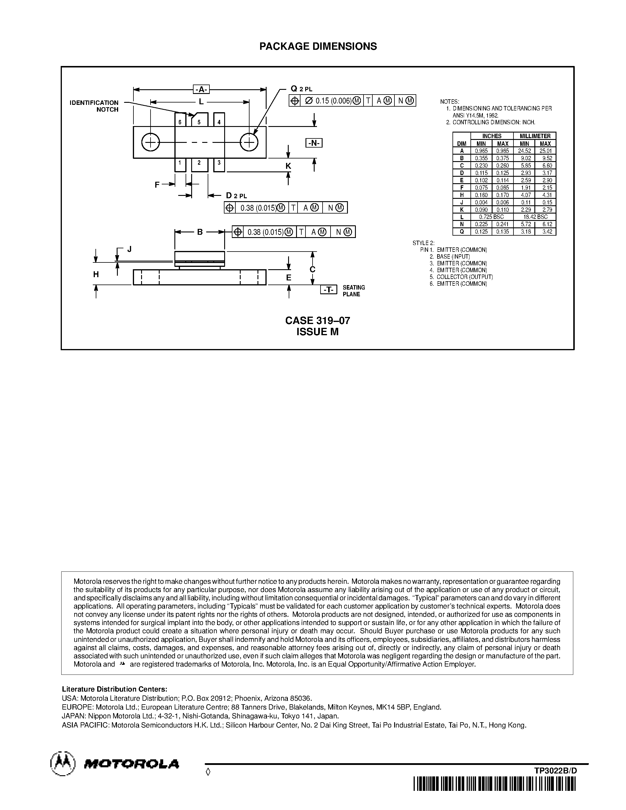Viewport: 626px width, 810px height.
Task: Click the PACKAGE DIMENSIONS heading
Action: click(x=318, y=46)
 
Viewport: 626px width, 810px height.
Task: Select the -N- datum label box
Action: click(x=314, y=143)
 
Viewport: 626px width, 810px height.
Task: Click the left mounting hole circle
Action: click(x=151, y=143)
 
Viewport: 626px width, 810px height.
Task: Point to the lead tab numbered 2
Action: click(x=199, y=164)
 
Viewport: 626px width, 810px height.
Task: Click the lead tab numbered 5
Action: click(x=199, y=120)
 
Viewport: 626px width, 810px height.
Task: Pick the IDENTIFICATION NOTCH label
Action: click(x=94, y=106)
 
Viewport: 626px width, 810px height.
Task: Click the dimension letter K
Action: click(x=288, y=166)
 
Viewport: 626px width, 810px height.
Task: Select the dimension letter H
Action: click(x=96, y=275)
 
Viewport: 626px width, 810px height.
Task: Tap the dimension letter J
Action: click(x=129, y=249)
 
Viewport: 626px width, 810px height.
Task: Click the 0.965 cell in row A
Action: click(x=481, y=151)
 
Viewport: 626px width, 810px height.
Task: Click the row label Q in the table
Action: click(x=462, y=232)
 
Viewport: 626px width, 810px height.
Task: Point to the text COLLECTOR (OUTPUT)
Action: click(x=465, y=277)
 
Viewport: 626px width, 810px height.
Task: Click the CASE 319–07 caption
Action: click(x=318, y=320)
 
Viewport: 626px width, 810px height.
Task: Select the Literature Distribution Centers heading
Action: click(x=115, y=689)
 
